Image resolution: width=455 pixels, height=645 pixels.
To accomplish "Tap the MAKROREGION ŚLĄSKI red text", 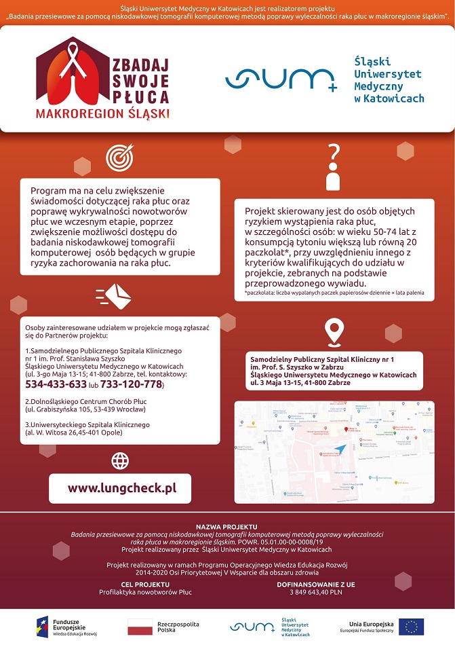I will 103,113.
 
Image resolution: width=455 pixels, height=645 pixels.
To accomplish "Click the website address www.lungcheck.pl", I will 121,488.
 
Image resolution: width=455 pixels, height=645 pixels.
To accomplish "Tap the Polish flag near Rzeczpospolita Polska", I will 140,627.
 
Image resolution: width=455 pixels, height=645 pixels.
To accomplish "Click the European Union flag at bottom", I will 411,627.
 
